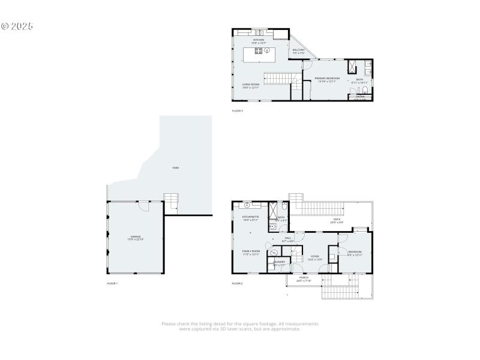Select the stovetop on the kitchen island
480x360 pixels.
(258, 51)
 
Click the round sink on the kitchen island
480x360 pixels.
(268, 51)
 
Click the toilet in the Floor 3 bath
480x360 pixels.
(364, 91)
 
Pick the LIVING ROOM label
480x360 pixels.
(251, 85)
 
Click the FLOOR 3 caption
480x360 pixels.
(238, 111)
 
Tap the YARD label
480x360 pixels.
(176, 167)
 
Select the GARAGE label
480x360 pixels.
(135, 238)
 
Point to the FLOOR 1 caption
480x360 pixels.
(112, 283)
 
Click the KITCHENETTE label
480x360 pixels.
(250, 218)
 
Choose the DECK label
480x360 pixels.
(337, 220)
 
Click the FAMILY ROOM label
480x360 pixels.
(251, 252)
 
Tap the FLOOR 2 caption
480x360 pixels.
(238, 283)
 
